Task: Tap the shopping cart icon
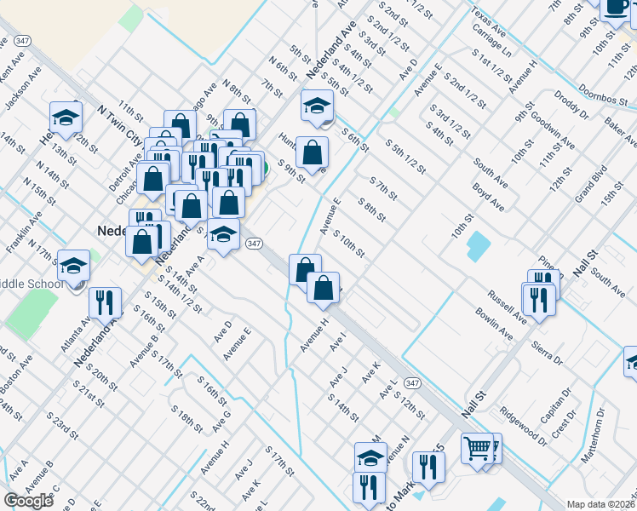478,447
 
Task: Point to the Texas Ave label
487,26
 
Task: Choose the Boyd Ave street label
489,197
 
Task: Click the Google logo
28,501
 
